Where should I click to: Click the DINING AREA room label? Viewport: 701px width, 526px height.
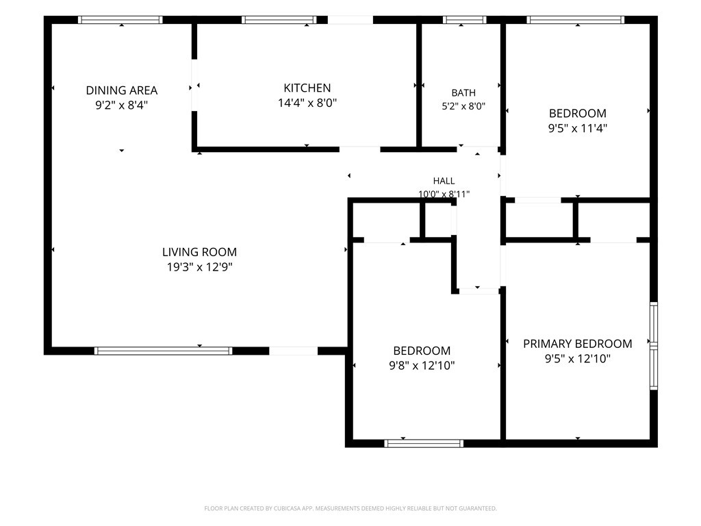point(122,90)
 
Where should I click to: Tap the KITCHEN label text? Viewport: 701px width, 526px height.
point(307,88)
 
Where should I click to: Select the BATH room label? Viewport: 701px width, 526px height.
point(463,92)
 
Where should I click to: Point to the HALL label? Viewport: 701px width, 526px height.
point(444,181)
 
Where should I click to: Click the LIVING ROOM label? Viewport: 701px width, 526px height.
point(199,252)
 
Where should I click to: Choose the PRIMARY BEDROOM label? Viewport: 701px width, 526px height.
point(578,344)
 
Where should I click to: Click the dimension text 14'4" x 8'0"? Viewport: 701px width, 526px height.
point(307,103)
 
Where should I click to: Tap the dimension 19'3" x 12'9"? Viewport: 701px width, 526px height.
point(199,267)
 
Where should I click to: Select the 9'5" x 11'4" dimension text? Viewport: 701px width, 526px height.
point(578,128)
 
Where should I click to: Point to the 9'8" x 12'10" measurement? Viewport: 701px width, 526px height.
point(422,366)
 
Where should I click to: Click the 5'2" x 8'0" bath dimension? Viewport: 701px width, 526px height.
point(463,106)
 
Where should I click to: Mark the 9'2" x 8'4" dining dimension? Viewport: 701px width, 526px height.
point(122,105)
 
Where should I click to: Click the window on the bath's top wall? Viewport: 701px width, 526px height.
point(465,20)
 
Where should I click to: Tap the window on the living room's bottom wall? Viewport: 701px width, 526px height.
point(163,351)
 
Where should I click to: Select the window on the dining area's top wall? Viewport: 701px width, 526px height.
point(120,20)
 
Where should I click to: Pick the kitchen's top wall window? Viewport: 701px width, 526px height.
point(279,20)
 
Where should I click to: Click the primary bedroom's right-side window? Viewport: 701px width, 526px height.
point(654,346)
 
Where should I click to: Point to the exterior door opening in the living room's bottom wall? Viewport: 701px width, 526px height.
point(293,351)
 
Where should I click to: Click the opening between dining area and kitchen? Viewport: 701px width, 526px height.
point(194,85)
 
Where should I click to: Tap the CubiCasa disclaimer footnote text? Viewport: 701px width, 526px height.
point(350,508)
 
